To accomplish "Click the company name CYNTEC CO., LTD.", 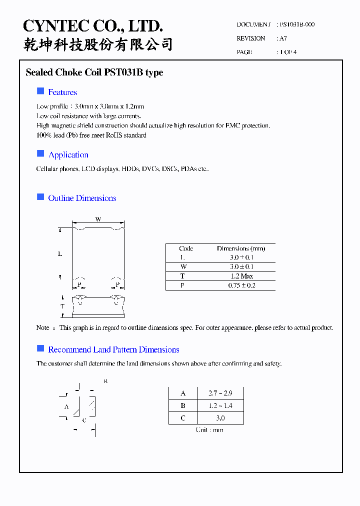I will [x=93, y=26].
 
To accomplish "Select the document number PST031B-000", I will [x=297, y=24].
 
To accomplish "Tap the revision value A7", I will [x=283, y=38].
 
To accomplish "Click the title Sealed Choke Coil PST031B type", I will [x=94, y=72].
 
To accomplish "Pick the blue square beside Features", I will [x=40, y=91].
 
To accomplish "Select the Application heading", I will [x=68, y=155].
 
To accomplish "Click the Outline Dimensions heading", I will [x=82, y=198].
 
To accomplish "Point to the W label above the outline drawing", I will [x=98, y=219].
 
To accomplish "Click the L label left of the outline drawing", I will [x=60, y=254].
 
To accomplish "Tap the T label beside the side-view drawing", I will [x=62, y=306].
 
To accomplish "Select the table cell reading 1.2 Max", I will [x=241, y=276].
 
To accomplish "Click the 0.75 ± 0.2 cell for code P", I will [x=241, y=285].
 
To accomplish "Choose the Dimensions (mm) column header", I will [x=241, y=248].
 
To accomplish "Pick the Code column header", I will [x=186, y=248].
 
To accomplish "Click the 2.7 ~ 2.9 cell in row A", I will [x=220, y=393].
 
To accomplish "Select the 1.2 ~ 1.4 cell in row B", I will [x=220, y=405].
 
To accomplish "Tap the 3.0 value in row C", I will [x=220, y=418].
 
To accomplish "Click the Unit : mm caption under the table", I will [x=210, y=430].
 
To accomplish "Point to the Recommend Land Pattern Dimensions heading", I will [x=113, y=349].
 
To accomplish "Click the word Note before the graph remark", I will [x=43, y=328].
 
